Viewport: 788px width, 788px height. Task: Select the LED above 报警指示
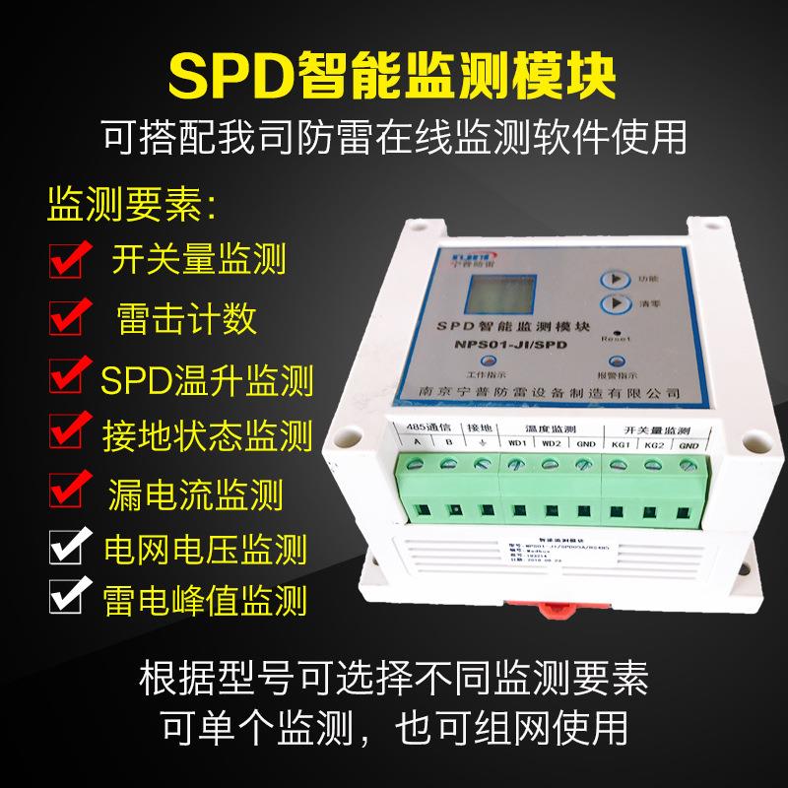620,361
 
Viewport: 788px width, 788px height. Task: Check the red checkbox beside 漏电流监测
69,490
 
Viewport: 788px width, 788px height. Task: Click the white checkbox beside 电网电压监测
69,544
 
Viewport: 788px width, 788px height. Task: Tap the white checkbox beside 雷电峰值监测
69,596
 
